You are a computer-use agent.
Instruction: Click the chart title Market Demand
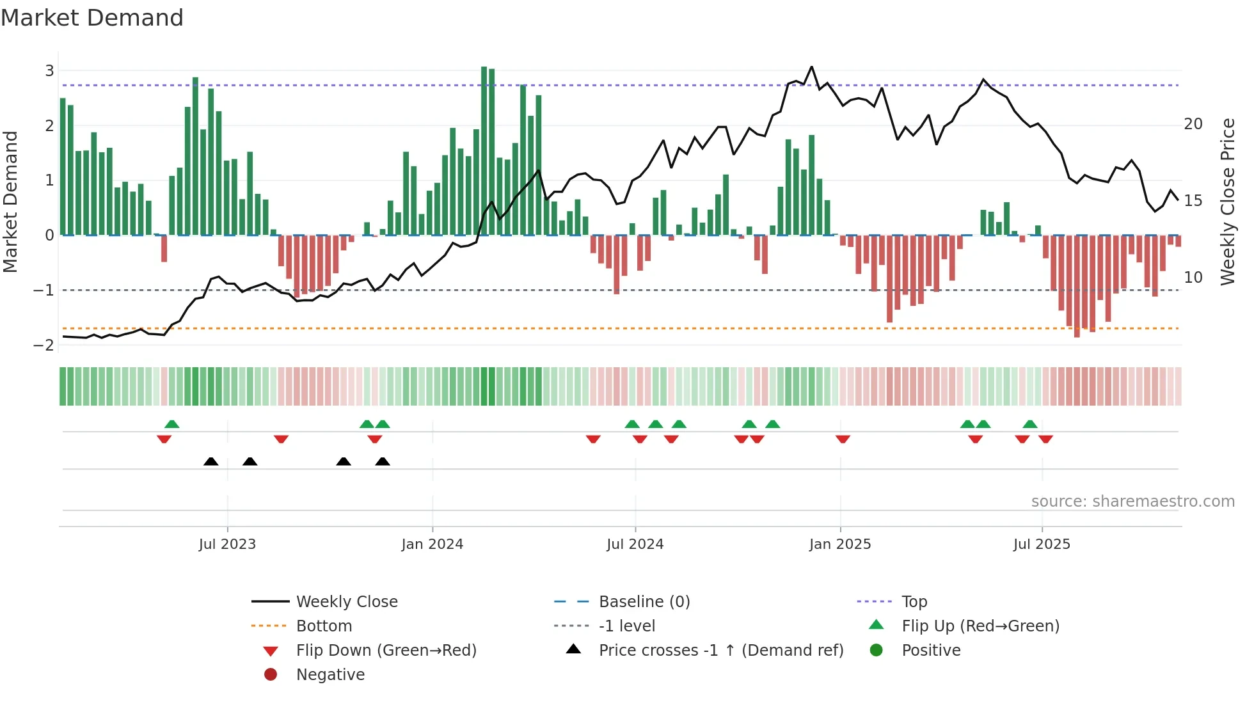point(92,18)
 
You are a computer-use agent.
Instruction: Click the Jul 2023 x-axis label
point(227,544)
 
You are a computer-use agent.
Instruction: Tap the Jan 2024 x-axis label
point(432,544)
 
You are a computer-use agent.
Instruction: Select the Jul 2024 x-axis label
point(635,544)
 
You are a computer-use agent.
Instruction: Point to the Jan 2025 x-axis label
point(839,544)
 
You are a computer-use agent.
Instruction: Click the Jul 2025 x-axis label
point(1042,544)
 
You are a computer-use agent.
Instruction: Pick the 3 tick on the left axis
point(49,71)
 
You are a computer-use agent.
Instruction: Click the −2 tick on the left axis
point(44,345)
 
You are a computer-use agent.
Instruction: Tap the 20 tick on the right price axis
point(1193,124)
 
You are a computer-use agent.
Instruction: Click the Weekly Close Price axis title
point(1227,202)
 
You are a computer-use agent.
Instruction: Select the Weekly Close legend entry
point(346,602)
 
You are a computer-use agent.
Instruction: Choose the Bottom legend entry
point(324,626)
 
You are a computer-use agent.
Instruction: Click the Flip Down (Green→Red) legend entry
point(386,651)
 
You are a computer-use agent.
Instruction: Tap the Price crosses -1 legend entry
point(720,651)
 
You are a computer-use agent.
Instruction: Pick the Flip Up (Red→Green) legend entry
point(980,626)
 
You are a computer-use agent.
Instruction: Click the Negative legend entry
point(330,675)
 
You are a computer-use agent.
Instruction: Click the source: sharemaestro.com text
point(1132,502)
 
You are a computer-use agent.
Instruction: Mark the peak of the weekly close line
point(811,67)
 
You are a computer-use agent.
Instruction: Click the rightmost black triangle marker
point(383,462)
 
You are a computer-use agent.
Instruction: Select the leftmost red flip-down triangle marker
point(164,439)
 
